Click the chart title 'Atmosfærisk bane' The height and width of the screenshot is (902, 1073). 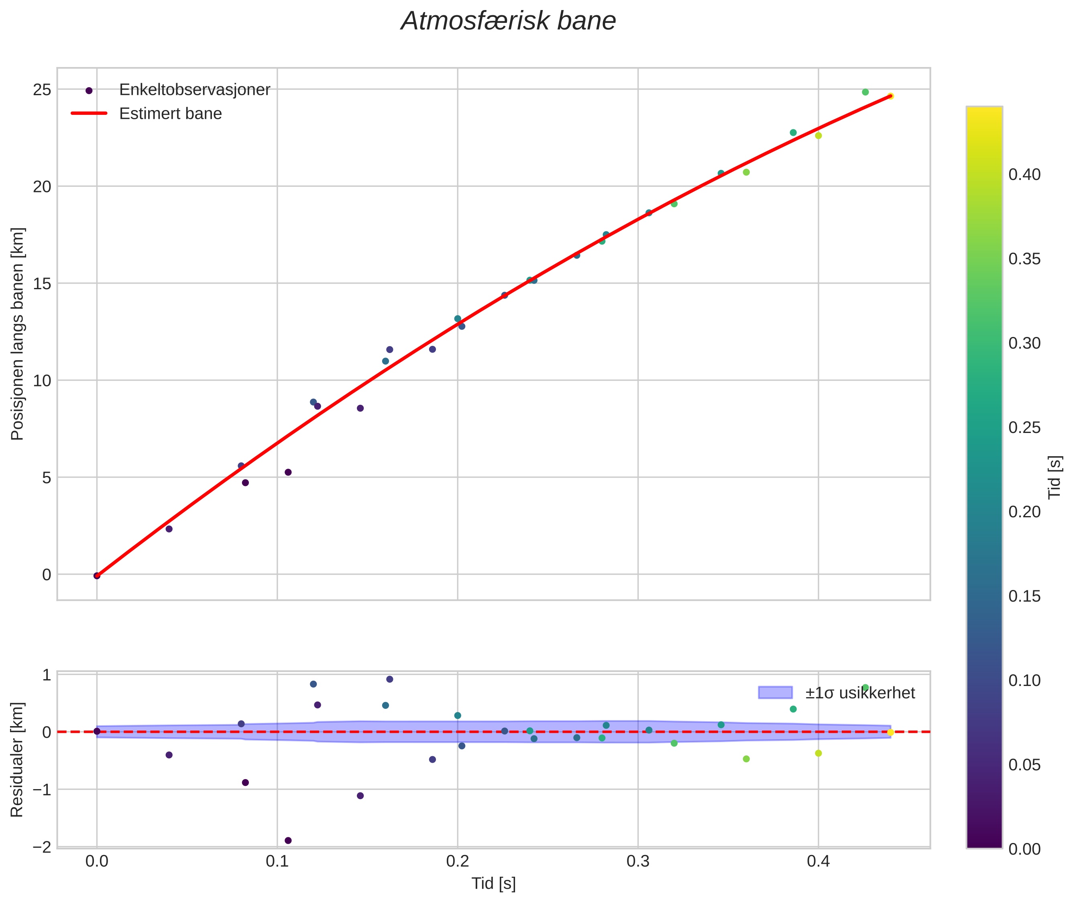(x=508, y=21)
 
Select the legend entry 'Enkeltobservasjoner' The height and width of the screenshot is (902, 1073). (x=194, y=90)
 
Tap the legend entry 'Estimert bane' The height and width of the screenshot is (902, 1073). (x=170, y=114)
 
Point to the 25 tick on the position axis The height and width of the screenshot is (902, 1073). (x=43, y=90)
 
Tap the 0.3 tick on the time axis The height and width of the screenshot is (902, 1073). (x=637, y=861)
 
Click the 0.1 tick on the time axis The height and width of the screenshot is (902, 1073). (x=277, y=861)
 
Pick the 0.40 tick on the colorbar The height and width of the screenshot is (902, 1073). (x=1024, y=175)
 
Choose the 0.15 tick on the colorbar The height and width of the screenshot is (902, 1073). (x=1024, y=596)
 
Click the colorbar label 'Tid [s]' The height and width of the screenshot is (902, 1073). (x=1055, y=477)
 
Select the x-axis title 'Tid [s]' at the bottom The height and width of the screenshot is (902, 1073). (x=493, y=884)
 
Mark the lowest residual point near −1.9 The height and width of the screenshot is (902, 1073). (x=288, y=841)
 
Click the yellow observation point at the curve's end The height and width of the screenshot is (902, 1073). (x=890, y=96)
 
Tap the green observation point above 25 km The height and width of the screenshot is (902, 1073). (x=865, y=92)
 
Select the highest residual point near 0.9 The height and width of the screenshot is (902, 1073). (x=389, y=679)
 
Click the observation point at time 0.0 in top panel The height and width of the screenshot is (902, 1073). (x=97, y=576)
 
